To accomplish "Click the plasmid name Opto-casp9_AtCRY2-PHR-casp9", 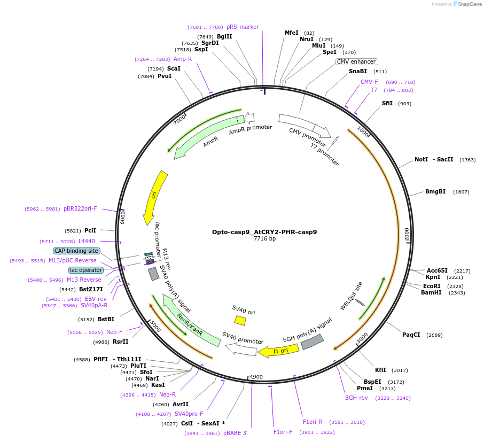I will pyautogui.click(x=264, y=232).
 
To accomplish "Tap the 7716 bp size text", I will pyautogui.click(x=264, y=239).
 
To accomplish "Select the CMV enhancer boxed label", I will pyautogui.click(x=356, y=62).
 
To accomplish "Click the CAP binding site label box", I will pyautogui.click(x=76, y=251).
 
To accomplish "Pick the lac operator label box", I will pyautogui.click(x=85, y=270).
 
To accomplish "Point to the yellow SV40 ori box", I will pyautogui.click(x=240, y=320).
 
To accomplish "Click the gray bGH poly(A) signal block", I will pyautogui.click(x=313, y=342).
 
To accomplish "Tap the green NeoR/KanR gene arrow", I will pyautogui.click(x=191, y=321).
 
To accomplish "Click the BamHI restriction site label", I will pyautogui.click(x=431, y=292).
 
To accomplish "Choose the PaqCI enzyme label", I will pyautogui.click(x=411, y=335).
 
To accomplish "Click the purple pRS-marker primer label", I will pyautogui.click(x=243, y=27).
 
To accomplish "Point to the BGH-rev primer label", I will pyautogui.click(x=356, y=398).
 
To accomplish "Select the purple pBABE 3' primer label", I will pyautogui.click(x=236, y=433).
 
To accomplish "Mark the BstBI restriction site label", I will pyautogui.click(x=106, y=319).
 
